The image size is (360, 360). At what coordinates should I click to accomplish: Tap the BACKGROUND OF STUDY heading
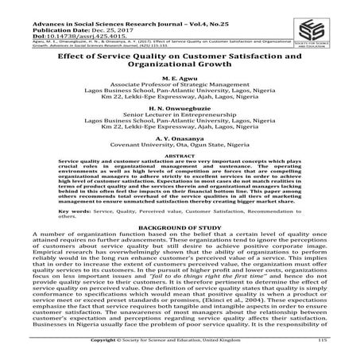[x=180, y=249]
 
